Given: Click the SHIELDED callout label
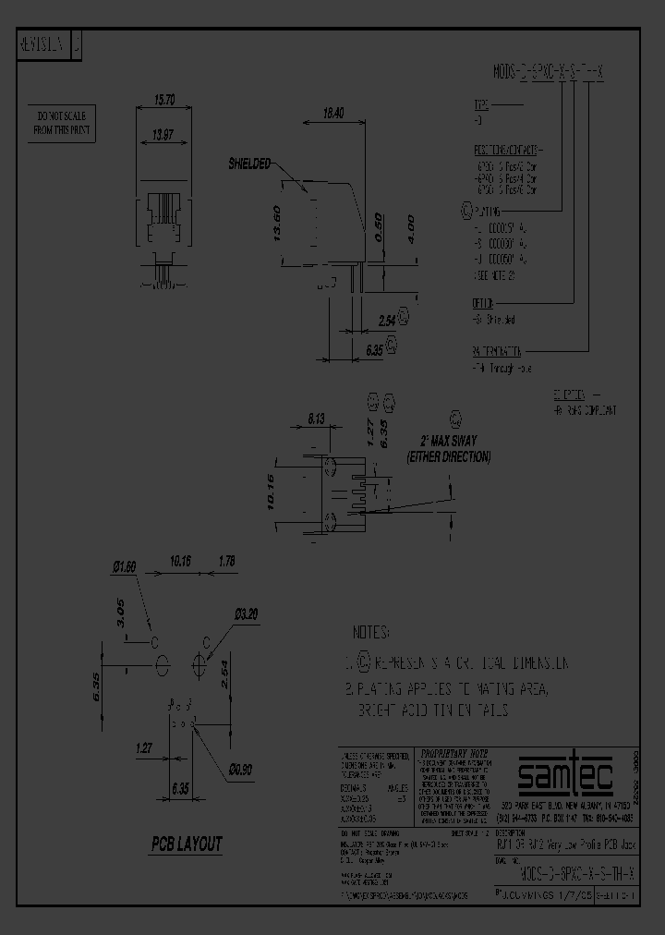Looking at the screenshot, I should (x=250, y=164).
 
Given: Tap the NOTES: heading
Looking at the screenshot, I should (x=372, y=633).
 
